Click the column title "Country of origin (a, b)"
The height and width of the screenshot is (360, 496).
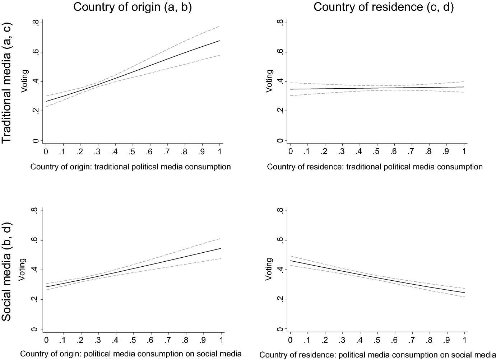click(x=132, y=7)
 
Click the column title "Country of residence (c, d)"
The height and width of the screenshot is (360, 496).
click(x=383, y=7)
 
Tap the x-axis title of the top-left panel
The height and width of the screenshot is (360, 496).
click(x=131, y=167)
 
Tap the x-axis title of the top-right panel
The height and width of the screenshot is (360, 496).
click(x=375, y=167)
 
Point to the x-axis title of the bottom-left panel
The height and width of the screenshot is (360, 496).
click(x=131, y=354)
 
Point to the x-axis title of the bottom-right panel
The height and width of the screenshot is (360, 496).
click(x=377, y=355)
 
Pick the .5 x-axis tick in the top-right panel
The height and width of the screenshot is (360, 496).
click(x=376, y=152)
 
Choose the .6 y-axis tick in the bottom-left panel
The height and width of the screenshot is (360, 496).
click(x=36, y=240)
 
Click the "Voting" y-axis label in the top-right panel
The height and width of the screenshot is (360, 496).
click(x=269, y=81)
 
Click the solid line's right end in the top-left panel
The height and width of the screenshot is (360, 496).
click(x=219, y=41)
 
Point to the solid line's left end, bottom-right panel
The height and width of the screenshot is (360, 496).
click(x=290, y=261)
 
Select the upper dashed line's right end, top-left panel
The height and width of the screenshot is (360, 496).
click(x=219, y=26)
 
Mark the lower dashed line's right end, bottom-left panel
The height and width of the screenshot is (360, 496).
click(x=221, y=258)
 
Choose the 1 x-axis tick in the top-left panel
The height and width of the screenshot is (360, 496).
click(x=220, y=152)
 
